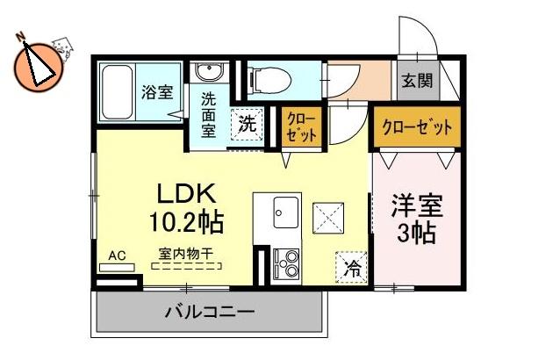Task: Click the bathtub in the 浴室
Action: pyautogui.click(x=118, y=93)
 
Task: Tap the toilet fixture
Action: pyautogui.click(x=269, y=78)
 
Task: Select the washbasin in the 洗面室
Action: pyautogui.click(x=209, y=73)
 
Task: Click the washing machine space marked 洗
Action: pyautogui.click(x=247, y=125)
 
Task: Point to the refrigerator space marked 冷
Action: pyautogui.click(x=351, y=268)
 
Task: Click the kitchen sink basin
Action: pyautogui.click(x=286, y=212)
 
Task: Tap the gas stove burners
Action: pyautogui.click(x=286, y=264)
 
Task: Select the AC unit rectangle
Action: pyautogui.click(x=117, y=268)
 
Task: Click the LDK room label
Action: pyautogui.click(x=187, y=195)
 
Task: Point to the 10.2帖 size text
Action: pyautogui.click(x=186, y=222)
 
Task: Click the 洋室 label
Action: pyautogui.click(x=417, y=205)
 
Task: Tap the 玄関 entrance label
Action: pyautogui.click(x=417, y=81)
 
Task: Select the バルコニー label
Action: pyautogui.click(x=209, y=312)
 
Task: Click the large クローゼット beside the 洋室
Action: pyautogui.click(x=417, y=126)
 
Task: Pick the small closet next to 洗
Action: pyautogui.click(x=302, y=126)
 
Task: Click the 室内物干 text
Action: pyautogui.click(x=186, y=255)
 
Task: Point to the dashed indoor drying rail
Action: pyautogui.click(x=186, y=266)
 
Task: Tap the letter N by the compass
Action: pyautogui.click(x=20, y=36)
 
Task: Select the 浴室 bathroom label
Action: pyautogui.click(x=157, y=92)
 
